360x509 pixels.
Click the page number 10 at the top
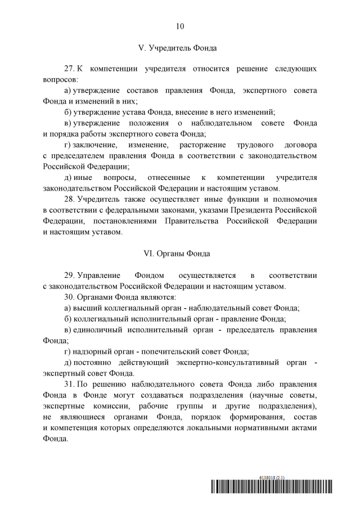coord(180,26)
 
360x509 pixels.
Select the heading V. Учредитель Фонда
coord(180,48)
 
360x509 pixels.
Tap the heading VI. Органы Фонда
coord(180,254)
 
